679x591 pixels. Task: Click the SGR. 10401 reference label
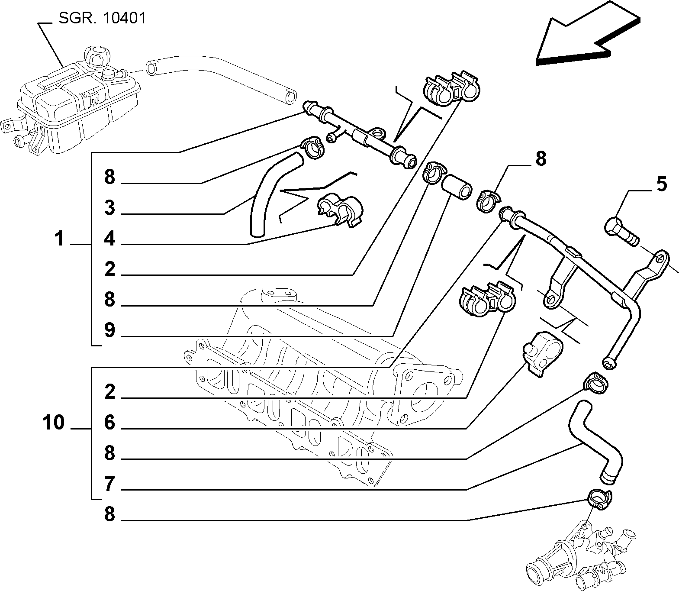[x=102, y=18]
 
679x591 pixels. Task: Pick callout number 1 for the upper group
[x=59, y=239]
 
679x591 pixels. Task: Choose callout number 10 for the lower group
[x=53, y=422]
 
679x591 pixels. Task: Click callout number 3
[x=109, y=208]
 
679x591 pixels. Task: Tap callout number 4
[x=109, y=239]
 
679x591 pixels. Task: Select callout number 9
[x=109, y=330]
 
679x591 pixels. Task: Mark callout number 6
[x=109, y=422]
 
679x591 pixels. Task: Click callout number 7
[x=109, y=484]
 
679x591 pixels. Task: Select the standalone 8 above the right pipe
[x=541, y=159]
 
